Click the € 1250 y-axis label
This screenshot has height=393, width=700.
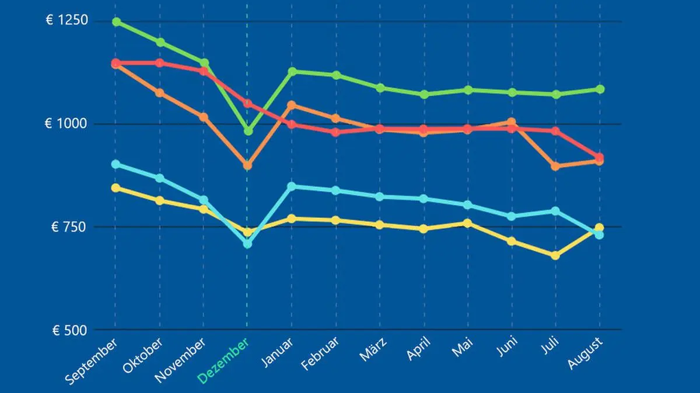point(66,21)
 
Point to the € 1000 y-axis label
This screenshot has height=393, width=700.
point(66,124)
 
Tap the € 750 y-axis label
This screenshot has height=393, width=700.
point(69,227)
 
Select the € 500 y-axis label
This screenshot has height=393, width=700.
point(69,330)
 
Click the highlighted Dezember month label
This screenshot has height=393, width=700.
point(223,360)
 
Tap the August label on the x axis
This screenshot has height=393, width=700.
point(586,353)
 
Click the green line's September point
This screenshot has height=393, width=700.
point(116,22)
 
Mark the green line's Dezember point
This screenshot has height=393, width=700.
point(248,131)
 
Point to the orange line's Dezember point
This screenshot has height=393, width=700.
point(247,165)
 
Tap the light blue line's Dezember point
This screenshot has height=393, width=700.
point(247,244)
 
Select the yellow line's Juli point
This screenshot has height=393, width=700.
point(555,256)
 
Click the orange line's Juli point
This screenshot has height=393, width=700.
point(555,167)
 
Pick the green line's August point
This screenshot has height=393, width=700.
point(600,89)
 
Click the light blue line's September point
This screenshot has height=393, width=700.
point(116,164)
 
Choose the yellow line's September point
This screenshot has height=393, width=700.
point(116,187)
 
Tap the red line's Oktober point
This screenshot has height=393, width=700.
point(160,63)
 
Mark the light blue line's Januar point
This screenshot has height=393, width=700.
point(292,186)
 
